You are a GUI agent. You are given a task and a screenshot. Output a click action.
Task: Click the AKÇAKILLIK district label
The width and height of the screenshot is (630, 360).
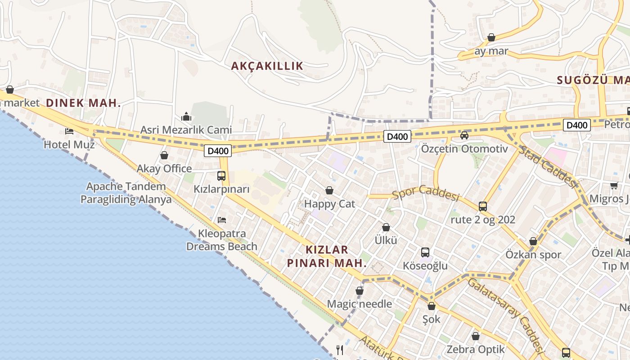click(267, 66)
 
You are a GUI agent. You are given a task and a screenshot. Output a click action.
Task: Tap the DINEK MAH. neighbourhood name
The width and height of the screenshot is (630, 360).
click(83, 103)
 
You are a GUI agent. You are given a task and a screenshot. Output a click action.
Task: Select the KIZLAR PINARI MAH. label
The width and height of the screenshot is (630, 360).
click(327, 256)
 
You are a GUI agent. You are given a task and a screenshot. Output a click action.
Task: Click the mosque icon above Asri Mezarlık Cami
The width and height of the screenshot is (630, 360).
click(186, 117)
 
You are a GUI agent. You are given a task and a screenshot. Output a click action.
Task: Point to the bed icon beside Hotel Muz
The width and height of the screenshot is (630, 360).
click(69, 131)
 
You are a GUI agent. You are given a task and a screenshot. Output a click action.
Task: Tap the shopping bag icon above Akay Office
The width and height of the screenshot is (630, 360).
click(164, 156)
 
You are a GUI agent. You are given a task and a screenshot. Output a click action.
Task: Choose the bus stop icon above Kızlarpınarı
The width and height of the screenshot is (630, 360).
click(221, 176)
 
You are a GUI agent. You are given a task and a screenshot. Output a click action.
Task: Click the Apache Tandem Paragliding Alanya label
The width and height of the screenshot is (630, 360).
click(126, 193)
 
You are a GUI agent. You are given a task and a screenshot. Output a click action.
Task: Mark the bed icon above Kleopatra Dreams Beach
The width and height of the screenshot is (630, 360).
click(221, 220)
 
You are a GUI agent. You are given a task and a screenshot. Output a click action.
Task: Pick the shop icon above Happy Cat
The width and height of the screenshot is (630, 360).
click(329, 191)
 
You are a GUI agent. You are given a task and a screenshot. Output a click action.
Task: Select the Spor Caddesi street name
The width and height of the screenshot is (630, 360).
click(425, 193)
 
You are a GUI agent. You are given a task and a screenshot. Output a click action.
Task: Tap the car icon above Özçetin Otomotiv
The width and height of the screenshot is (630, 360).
click(464, 135)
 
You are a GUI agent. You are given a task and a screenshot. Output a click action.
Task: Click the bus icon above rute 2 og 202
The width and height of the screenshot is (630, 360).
click(483, 207)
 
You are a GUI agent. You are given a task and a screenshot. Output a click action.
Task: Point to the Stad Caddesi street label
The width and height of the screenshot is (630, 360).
click(547, 166)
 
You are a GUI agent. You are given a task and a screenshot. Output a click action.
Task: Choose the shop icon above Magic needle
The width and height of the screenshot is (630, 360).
click(360, 291)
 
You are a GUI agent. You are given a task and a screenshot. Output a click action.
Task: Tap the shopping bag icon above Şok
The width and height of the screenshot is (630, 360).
click(432, 306)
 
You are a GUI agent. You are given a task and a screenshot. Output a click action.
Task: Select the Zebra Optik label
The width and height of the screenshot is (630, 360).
click(476, 349)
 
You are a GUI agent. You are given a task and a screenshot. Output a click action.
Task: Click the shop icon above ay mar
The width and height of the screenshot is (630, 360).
click(491, 37)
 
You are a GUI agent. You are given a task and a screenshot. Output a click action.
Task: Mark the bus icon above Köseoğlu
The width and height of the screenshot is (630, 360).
click(425, 252)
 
